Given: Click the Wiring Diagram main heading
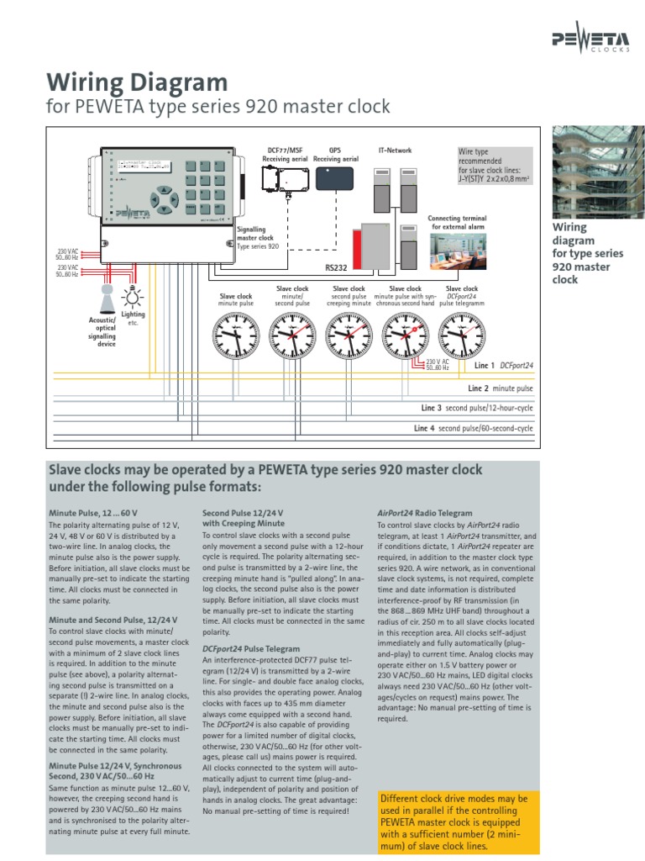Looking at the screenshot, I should (x=136, y=82).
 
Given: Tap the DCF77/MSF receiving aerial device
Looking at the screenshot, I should (x=284, y=177).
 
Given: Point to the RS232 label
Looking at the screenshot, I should (x=336, y=268).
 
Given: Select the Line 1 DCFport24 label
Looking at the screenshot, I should (x=504, y=367).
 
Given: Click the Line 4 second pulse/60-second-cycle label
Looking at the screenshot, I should (x=474, y=428).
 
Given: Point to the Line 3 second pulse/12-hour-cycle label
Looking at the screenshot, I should (x=477, y=408).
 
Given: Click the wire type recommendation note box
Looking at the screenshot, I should (x=494, y=165).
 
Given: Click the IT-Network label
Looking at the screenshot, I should (x=394, y=151).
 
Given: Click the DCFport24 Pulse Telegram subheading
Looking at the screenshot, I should (x=250, y=648).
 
